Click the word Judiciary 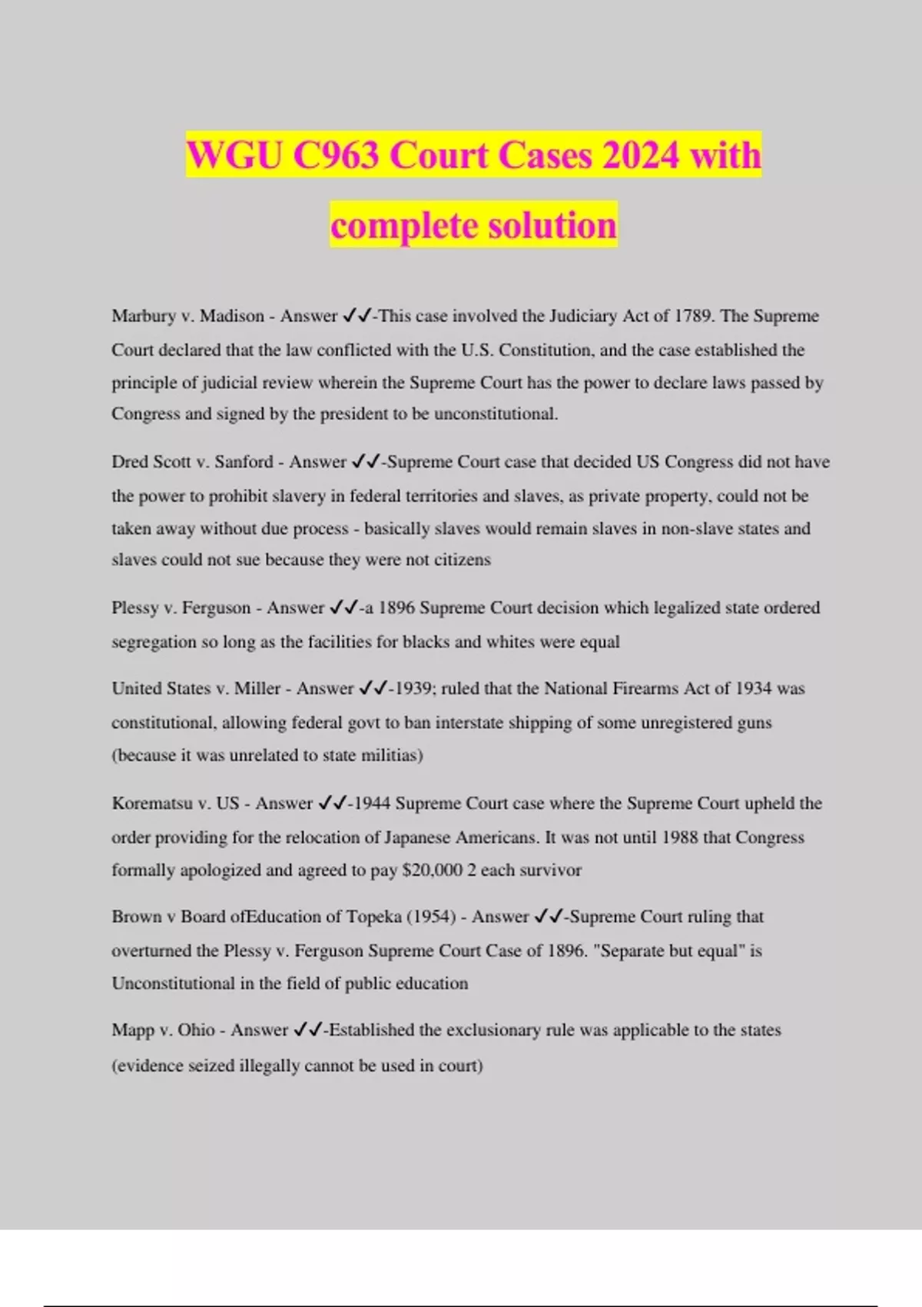pos(582,316)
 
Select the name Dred pos(130,462)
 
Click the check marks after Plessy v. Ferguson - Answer pos(343,608)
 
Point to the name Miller pos(257,689)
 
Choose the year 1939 pos(412,689)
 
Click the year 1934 pos(753,689)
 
